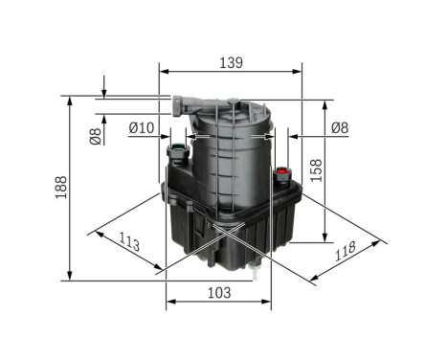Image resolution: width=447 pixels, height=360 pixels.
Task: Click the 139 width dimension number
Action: tap(231, 62)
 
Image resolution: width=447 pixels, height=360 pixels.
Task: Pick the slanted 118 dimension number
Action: tap(346, 251)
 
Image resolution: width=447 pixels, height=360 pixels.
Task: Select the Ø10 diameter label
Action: tap(142, 127)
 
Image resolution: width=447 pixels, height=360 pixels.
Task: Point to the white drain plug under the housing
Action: tap(257, 277)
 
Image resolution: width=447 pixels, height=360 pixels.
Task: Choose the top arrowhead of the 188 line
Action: tap(72, 100)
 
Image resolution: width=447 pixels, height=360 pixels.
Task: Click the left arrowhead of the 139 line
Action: tap(164, 71)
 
